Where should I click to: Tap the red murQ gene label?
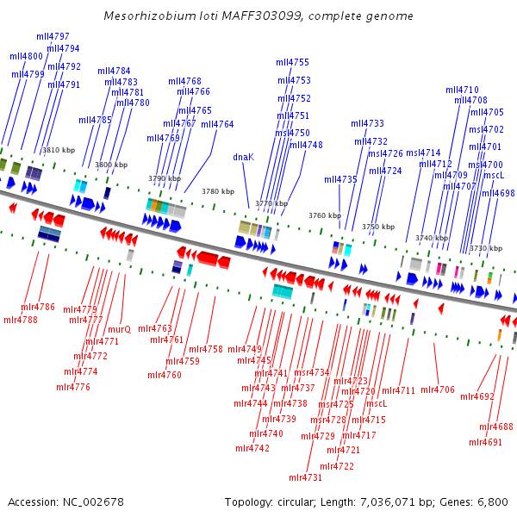pyautogui.click(x=119, y=329)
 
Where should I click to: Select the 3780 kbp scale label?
pyautogui.click(x=217, y=191)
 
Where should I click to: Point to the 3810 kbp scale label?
pyautogui.click(x=59, y=150)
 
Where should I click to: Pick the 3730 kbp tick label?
pyautogui.click(x=485, y=248)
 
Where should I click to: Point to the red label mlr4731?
pyautogui.click(x=305, y=477)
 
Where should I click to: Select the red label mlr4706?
pyautogui.click(x=438, y=389)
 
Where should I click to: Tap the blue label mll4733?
pyautogui.click(x=367, y=123)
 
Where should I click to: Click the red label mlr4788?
pyautogui.click(x=21, y=320)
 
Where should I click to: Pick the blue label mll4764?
pyautogui.click(x=217, y=124)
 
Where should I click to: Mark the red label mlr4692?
pyautogui.click(x=477, y=397)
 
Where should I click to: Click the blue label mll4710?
pyautogui.click(x=462, y=90)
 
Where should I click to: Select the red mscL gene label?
pyautogui.click(x=377, y=402)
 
